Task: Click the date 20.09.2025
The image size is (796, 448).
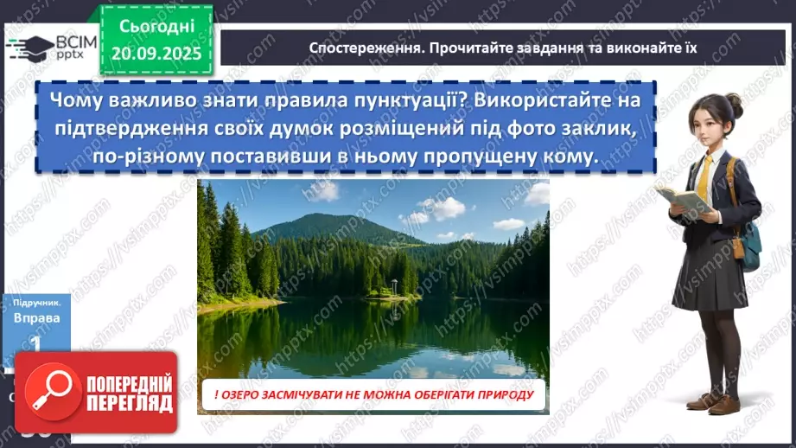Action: pos(156,54)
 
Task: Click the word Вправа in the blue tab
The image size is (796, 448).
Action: pos(37,317)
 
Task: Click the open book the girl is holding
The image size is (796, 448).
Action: pos(684,199)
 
